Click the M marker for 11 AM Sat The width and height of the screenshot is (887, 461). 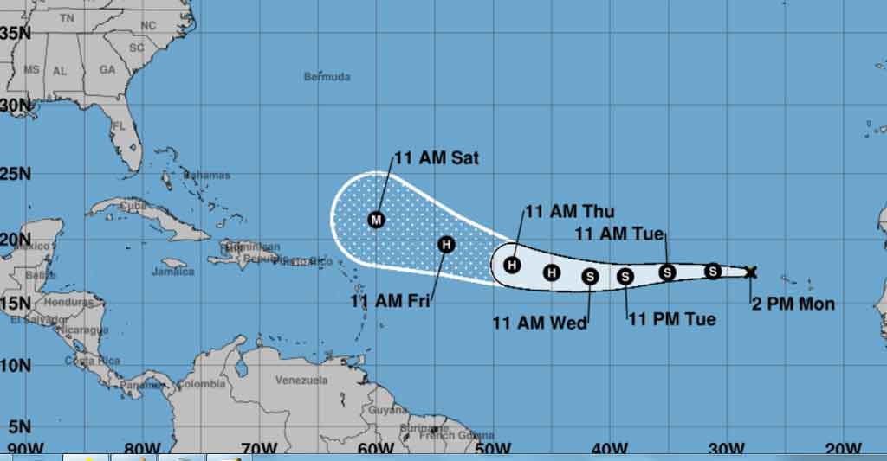(x=376, y=220)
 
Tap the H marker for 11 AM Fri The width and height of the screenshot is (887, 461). (x=445, y=245)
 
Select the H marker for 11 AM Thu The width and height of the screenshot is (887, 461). (x=512, y=265)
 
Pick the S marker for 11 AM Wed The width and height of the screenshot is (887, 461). (x=590, y=276)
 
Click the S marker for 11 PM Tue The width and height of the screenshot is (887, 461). (x=625, y=276)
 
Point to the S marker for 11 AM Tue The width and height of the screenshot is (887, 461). (x=667, y=272)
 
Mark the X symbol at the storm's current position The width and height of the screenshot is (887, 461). (x=750, y=272)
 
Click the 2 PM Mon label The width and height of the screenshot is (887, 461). (x=793, y=304)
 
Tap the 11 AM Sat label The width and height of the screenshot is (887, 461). (x=437, y=158)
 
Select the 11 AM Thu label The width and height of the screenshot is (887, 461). (x=569, y=212)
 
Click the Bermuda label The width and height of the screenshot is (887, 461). (x=327, y=77)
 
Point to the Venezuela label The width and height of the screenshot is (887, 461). (x=301, y=380)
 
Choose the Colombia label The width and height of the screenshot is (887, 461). (x=202, y=384)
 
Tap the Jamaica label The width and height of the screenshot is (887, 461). (x=173, y=272)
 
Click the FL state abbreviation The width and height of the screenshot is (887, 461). (x=120, y=125)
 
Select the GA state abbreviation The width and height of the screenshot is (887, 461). (x=107, y=69)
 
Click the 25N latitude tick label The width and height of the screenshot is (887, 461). (x=15, y=174)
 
